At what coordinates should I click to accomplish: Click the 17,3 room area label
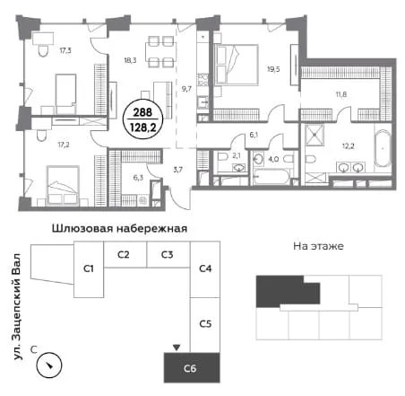[x=65, y=50]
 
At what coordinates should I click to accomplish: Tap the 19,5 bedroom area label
[x=273, y=69]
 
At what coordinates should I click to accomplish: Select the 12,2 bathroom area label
[x=349, y=146]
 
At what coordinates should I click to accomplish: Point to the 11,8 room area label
[x=341, y=94]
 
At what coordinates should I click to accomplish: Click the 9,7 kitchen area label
[x=186, y=89]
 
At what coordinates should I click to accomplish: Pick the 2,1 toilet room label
[x=237, y=155]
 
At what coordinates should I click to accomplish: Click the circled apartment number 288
[x=142, y=112]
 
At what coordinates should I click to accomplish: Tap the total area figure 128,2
[x=143, y=128]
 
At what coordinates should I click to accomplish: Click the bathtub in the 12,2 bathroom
[x=383, y=148]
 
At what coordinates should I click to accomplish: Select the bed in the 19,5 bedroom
[x=237, y=65]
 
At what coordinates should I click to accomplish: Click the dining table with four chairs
[x=160, y=51]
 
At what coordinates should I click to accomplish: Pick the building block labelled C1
[x=89, y=269]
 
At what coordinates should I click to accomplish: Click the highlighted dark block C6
[x=192, y=368]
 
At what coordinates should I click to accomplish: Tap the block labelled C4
[x=205, y=269]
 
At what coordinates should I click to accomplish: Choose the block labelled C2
[x=125, y=254]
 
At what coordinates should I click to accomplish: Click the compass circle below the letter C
[x=49, y=365]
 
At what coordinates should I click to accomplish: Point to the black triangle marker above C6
[x=177, y=348]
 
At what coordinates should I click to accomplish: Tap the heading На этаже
[x=318, y=246]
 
